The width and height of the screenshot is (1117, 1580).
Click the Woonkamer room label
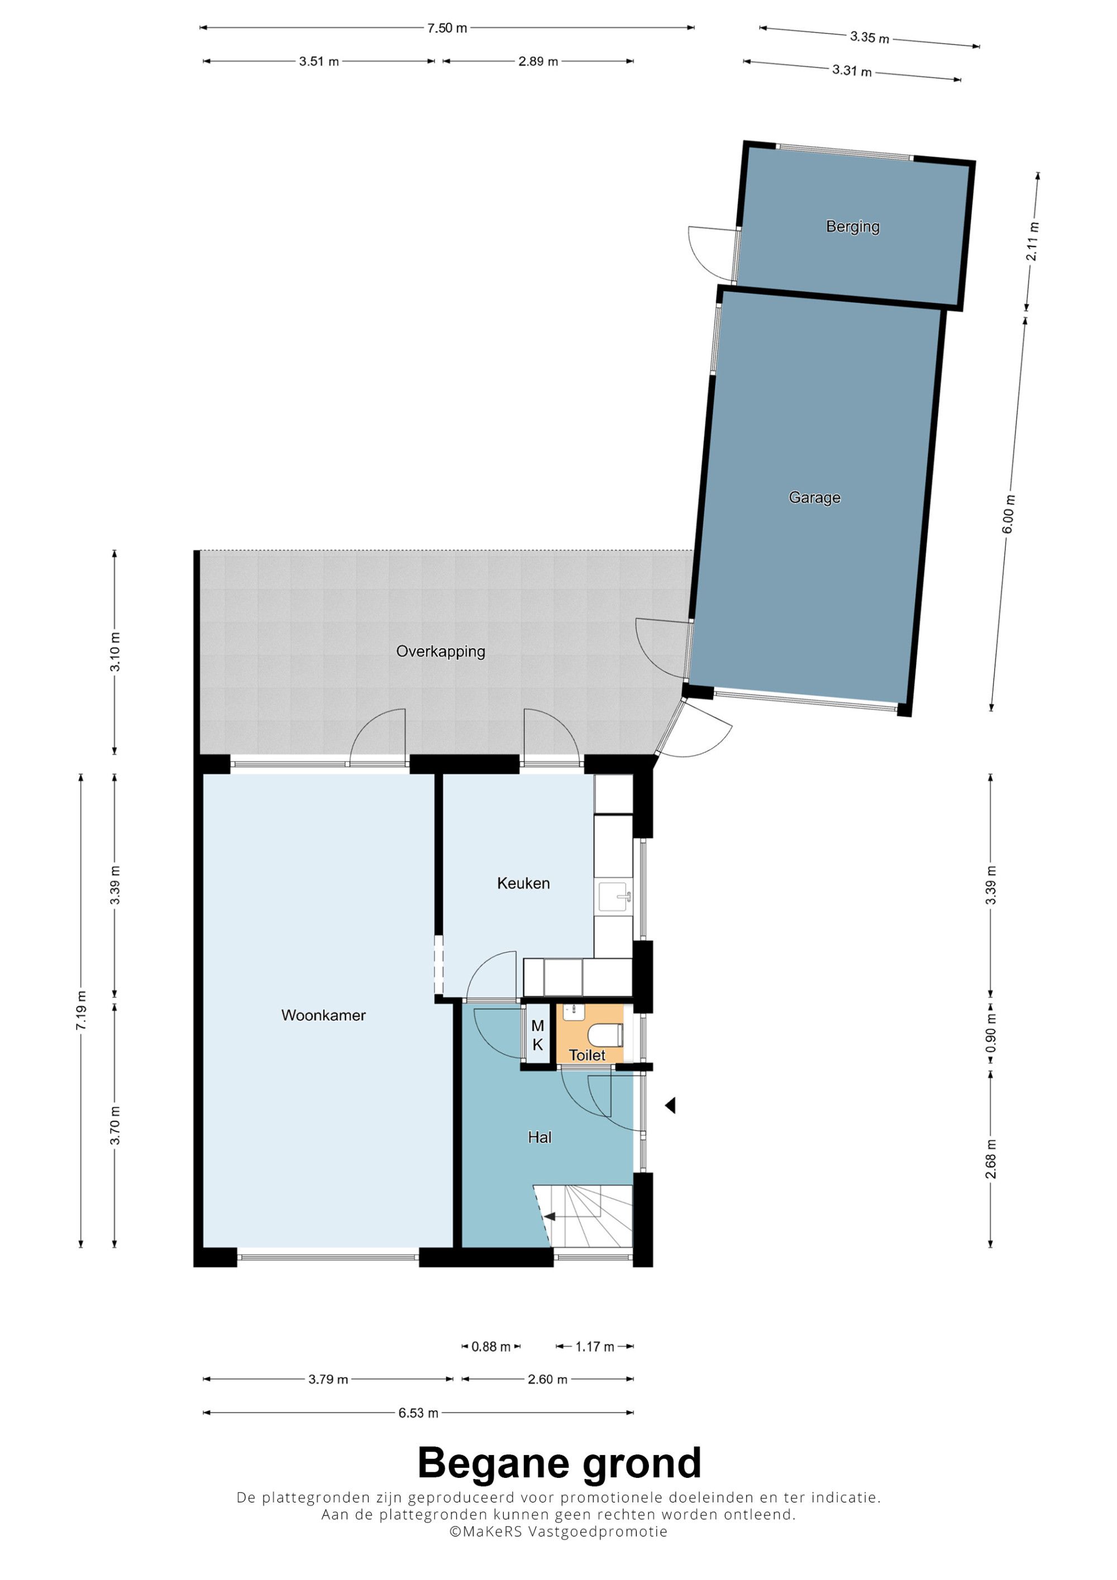(323, 1015)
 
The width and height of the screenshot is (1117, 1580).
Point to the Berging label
(853, 227)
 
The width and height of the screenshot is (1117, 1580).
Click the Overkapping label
(441, 651)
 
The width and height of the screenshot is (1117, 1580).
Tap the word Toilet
(587, 1055)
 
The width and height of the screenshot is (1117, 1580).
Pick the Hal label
(540, 1137)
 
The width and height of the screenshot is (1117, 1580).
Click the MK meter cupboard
(537, 1036)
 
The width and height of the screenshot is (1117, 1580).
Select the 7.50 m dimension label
(447, 28)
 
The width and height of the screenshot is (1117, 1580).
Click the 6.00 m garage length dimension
(1008, 514)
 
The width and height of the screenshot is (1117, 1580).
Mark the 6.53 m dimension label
(418, 1413)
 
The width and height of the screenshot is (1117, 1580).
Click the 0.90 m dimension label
(991, 1033)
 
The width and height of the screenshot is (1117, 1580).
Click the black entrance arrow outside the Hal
(670, 1105)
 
